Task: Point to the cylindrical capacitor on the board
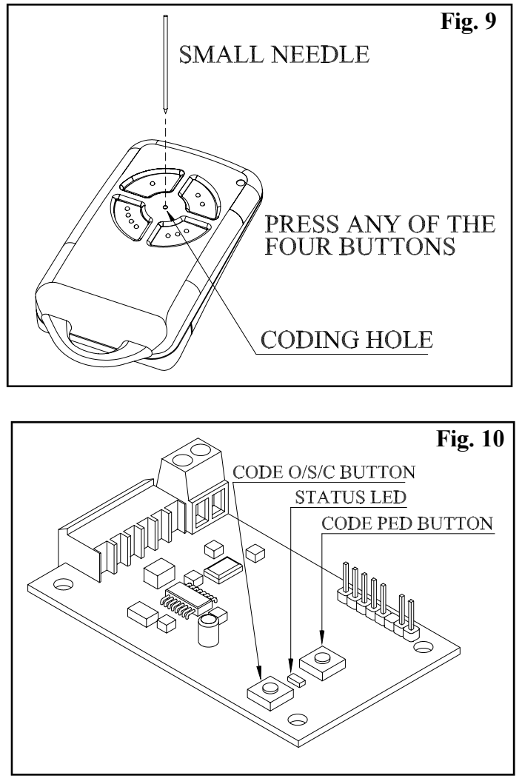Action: coord(209,628)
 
